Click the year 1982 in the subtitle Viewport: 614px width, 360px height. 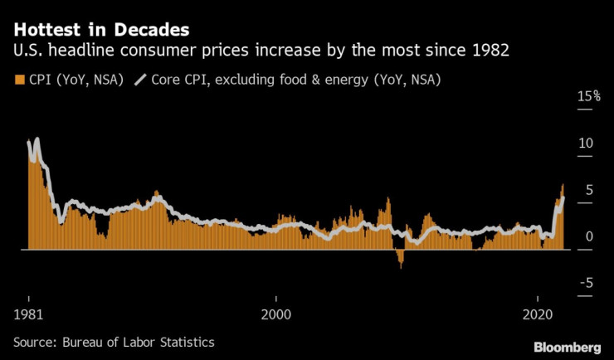[x=489, y=52]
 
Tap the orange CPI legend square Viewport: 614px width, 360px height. [x=19, y=80]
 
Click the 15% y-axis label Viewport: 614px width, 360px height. [x=589, y=97]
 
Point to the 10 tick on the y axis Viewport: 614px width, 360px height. [x=585, y=144]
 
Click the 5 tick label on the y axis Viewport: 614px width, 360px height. [x=589, y=190]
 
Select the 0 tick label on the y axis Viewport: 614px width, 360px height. [x=589, y=237]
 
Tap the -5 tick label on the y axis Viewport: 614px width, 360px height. [x=586, y=284]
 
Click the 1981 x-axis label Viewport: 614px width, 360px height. [x=29, y=315]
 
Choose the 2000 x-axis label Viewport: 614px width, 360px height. [x=276, y=315]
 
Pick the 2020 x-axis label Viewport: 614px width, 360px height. [x=538, y=315]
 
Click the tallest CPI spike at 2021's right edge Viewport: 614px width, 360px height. [x=563, y=187]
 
